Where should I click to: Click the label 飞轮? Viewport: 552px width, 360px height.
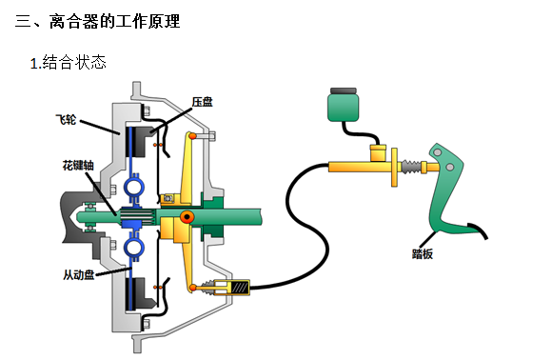(66, 120)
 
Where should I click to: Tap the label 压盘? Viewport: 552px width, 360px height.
(203, 102)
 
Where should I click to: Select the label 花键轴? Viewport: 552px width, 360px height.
(78, 165)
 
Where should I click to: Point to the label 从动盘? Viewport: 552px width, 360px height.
(79, 274)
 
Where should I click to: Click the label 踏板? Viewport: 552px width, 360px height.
(423, 254)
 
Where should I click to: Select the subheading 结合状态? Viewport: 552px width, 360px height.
(74, 63)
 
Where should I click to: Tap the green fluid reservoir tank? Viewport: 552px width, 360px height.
(344, 108)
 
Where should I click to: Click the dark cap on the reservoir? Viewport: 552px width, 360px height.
(344, 90)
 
